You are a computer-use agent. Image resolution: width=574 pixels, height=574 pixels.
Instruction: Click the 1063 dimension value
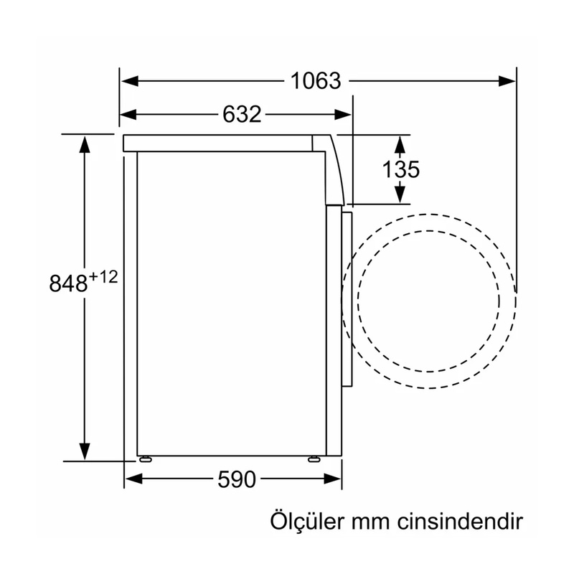(316, 81)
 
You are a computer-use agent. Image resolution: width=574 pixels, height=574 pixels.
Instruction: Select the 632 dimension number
(242, 114)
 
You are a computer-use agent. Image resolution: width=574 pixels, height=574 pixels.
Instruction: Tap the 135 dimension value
(401, 169)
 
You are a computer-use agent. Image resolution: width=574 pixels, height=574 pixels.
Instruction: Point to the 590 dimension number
(237, 479)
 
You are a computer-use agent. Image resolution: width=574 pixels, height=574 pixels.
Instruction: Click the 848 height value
(68, 283)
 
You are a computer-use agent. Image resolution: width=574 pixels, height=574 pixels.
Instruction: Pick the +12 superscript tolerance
(103, 277)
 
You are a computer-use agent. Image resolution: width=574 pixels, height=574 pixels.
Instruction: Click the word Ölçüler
(308, 521)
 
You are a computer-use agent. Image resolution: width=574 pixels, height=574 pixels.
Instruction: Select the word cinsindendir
(460, 522)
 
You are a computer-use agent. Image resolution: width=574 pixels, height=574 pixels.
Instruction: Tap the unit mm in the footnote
(370, 524)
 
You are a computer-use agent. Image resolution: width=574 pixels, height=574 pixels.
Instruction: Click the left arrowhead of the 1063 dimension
(130, 81)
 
